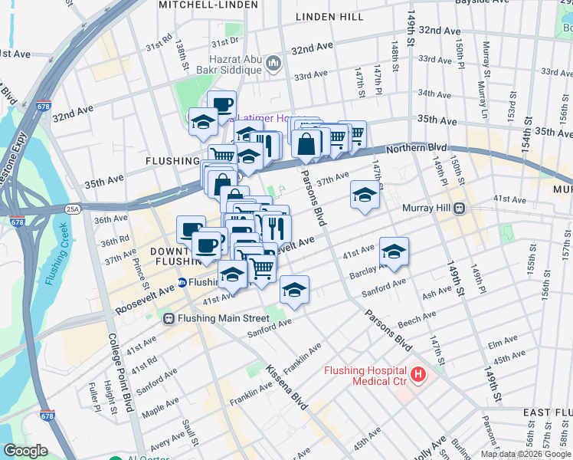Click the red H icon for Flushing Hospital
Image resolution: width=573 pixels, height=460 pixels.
click(418, 375)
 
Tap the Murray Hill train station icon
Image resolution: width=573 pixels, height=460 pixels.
click(460, 208)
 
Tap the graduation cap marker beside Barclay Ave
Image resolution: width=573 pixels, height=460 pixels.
click(394, 251)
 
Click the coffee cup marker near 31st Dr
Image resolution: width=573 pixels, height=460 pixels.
click(221, 105)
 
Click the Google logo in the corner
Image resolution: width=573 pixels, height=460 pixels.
click(26, 451)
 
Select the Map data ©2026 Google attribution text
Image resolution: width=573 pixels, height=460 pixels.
click(525, 454)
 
